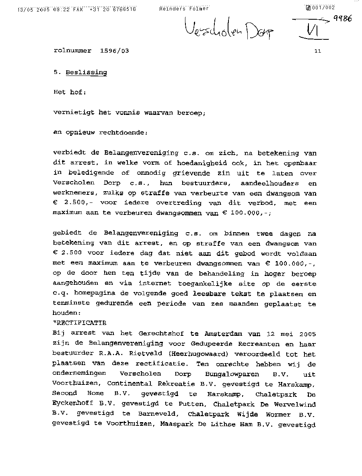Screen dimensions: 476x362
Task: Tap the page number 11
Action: tap(318, 51)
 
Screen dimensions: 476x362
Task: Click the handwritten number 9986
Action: tap(343, 18)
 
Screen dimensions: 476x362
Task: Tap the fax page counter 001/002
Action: tap(322, 7)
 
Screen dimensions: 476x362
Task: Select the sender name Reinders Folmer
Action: tap(184, 8)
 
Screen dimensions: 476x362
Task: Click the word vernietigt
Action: tap(74, 113)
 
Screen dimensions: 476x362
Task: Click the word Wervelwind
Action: tap(294, 404)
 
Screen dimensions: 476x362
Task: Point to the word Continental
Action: tap(130, 384)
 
